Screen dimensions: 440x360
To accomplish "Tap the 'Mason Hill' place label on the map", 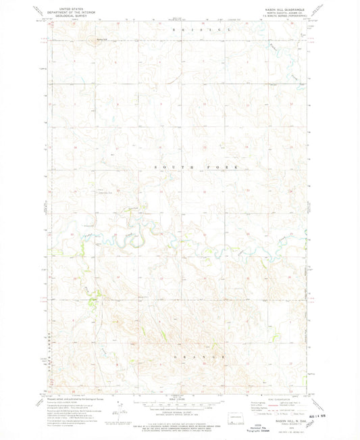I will tap(101, 38).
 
